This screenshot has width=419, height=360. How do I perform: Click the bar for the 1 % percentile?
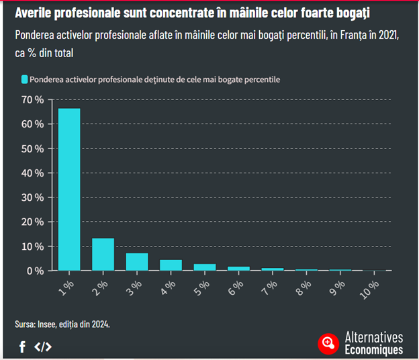pyautogui.click(x=69, y=189)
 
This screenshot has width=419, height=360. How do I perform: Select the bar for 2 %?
pyautogui.click(x=103, y=255)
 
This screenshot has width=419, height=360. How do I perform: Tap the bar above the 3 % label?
pyautogui.click(x=137, y=262)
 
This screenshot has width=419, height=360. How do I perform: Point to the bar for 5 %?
pyautogui.click(x=205, y=267)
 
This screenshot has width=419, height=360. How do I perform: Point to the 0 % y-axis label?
pyautogui.click(x=36, y=271)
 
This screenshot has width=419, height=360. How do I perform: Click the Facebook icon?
pyautogui.click(x=22, y=347)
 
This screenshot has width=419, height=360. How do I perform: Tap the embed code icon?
pyautogui.click(x=43, y=347)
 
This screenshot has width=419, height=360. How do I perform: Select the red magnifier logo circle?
pyautogui.click(x=328, y=343)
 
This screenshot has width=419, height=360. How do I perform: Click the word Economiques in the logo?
pyautogui.click(x=373, y=350)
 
